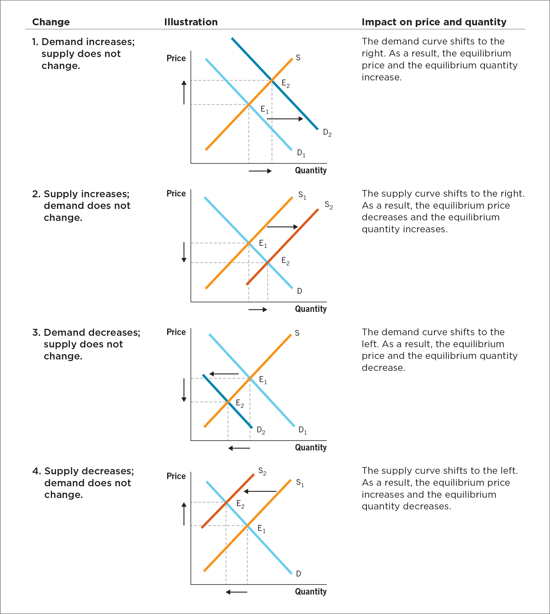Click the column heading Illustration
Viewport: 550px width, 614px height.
click(x=191, y=22)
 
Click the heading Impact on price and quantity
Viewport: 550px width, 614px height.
click(x=434, y=22)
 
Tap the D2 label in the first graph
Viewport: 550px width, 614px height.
click(x=327, y=132)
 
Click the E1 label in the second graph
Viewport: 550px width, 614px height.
click(x=263, y=243)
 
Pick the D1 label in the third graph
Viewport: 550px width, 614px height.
click(x=302, y=430)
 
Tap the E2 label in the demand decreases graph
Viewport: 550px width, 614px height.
click(x=240, y=403)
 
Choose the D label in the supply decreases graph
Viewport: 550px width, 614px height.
click(x=298, y=573)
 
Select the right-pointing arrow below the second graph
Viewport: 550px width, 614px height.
click(x=258, y=309)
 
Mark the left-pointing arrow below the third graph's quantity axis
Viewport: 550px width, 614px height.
click(x=239, y=448)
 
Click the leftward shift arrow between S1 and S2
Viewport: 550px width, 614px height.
click(x=260, y=491)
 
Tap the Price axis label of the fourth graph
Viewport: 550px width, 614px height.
click(x=176, y=476)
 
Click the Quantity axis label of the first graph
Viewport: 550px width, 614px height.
click(x=311, y=171)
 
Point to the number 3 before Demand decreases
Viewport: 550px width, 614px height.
click(x=36, y=332)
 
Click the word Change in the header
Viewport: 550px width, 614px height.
click(x=51, y=22)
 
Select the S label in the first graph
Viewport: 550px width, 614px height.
click(x=298, y=58)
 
